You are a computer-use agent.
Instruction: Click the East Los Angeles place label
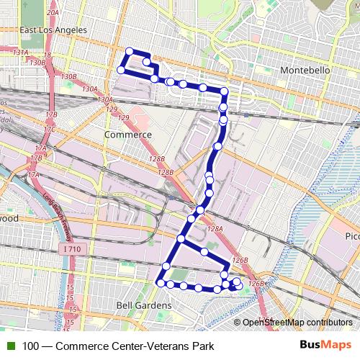[x=53, y=30]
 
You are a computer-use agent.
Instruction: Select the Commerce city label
[x=127, y=135]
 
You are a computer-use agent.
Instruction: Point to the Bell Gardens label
[x=143, y=305]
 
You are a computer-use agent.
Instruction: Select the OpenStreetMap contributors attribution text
[x=297, y=323]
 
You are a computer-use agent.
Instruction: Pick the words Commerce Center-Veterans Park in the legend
[x=135, y=346]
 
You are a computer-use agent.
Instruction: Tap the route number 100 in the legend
[x=31, y=346]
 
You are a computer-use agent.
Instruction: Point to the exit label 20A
[x=53, y=13]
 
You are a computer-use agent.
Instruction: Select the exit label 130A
[x=89, y=89]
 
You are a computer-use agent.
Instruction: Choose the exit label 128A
[x=215, y=228]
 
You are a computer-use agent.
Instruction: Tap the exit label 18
[x=48, y=55]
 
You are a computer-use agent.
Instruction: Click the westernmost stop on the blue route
[x=121, y=70]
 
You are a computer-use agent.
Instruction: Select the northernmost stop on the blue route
[x=130, y=51]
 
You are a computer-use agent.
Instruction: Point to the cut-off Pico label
[x=351, y=236]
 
